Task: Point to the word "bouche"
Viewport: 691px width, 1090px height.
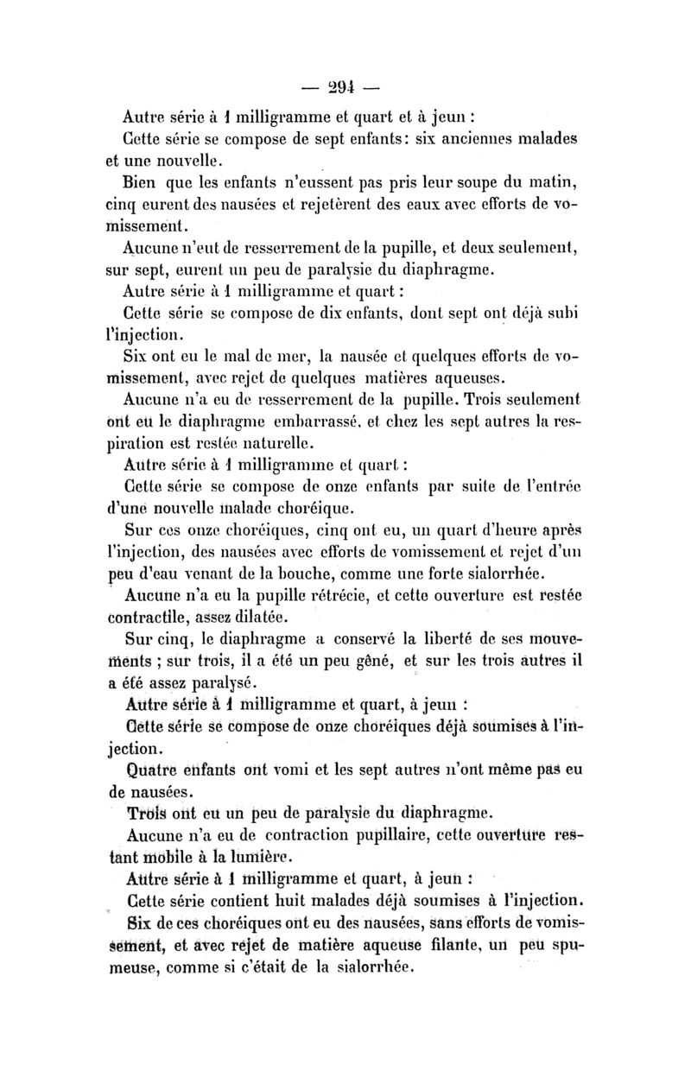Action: [x=363, y=576]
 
